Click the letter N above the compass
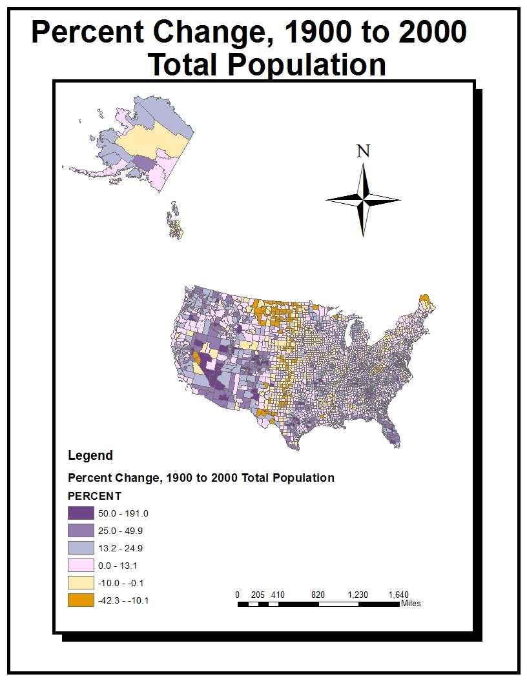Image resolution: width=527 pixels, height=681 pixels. tap(364, 151)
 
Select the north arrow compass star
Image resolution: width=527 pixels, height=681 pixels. tap(364, 200)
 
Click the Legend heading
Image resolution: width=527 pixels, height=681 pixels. tap(90, 456)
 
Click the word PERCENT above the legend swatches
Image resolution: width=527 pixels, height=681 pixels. tap(94, 497)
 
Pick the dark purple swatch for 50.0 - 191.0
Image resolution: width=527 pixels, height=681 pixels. tap(80, 514)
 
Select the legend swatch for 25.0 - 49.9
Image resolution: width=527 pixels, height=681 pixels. tap(80, 531)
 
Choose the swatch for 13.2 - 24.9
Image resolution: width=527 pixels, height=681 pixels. tap(80, 548)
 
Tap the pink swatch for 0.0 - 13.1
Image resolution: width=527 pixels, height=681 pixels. tap(80, 566)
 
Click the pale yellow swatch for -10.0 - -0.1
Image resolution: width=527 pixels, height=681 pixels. tap(80, 583)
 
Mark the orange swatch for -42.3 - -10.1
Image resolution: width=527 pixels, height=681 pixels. tap(80, 600)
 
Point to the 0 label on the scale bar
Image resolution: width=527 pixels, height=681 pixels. tap(238, 595)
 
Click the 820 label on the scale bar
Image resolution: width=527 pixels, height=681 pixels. tap(318, 595)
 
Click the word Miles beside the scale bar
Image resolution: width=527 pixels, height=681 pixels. tap(411, 604)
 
